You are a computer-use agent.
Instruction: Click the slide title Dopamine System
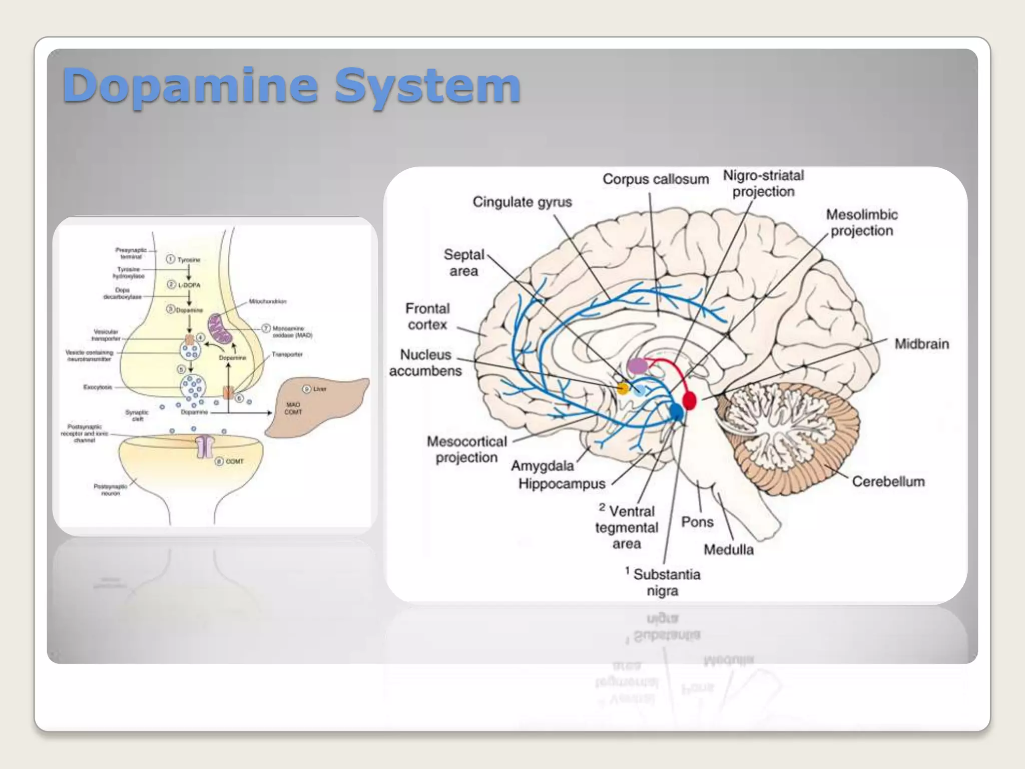tap(291, 86)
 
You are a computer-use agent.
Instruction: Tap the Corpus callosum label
tap(655, 179)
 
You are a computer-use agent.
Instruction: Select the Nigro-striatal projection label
tap(763, 183)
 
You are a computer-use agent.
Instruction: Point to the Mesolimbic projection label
tap(861, 223)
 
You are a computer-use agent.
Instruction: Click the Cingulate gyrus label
tap(522, 202)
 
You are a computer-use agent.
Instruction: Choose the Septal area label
tap(464, 262)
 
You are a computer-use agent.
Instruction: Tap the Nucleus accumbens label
tap(426, 362)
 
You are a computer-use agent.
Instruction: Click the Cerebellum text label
tap(888, 482)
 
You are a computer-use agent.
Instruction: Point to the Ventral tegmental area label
tap(627, 528)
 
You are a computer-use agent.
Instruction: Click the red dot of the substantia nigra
tap(689, 401)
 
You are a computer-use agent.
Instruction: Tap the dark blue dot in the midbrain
tap(676, 412)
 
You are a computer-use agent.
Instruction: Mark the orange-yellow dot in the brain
tap(623, 388)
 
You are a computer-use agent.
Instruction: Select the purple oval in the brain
tap(638, 365)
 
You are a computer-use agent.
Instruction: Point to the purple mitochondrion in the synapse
tap(220, 328)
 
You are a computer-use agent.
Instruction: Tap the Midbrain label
tap(921, 344)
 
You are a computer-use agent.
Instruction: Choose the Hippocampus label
tap(562, 484)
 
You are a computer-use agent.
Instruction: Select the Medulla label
tap(728, 550)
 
